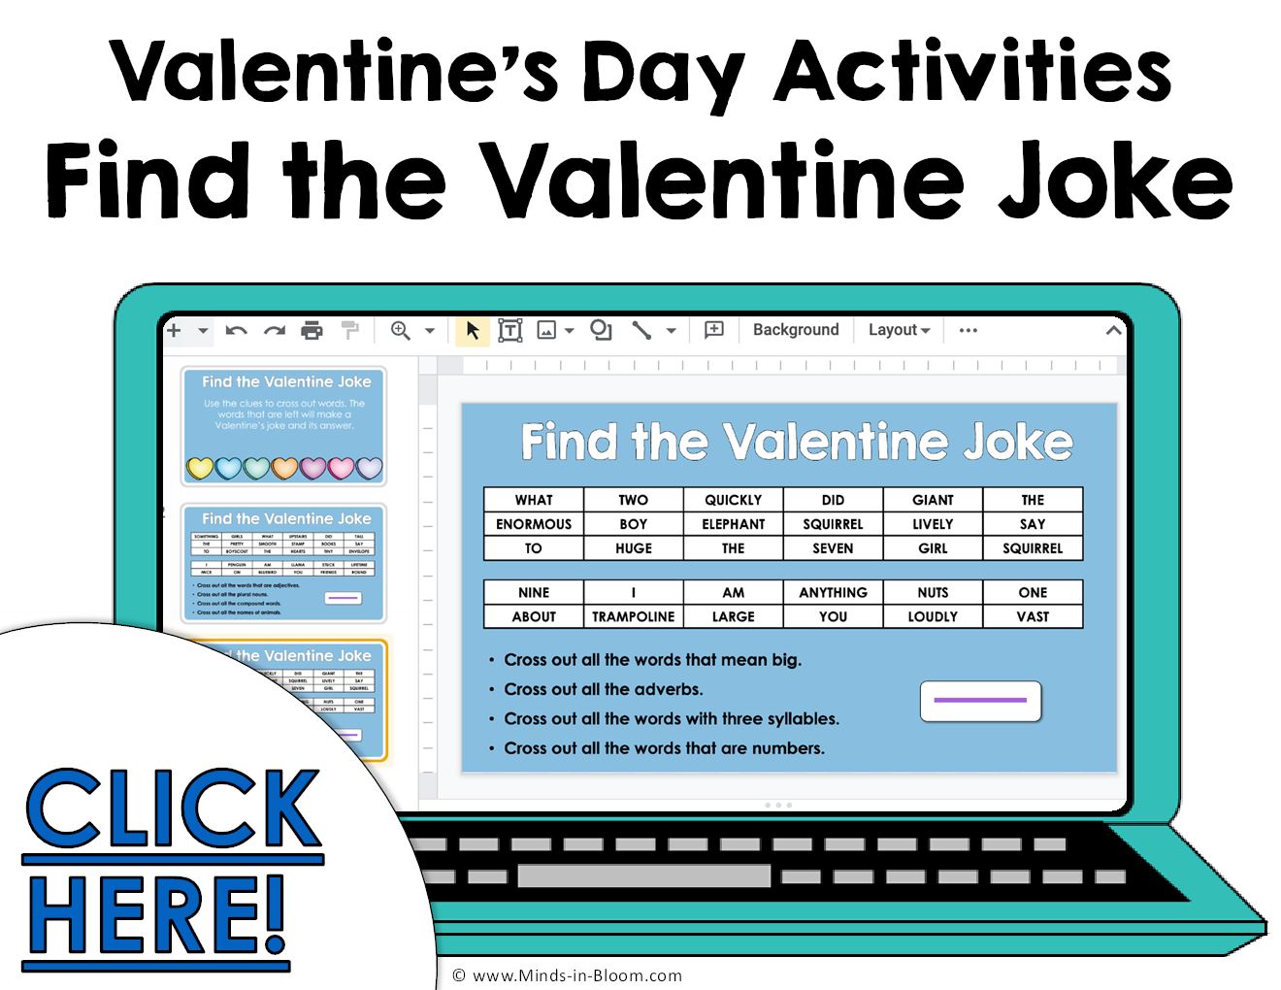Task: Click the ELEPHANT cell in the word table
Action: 733,524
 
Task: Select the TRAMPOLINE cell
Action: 633,616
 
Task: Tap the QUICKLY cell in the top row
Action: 733,500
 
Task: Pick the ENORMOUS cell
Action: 534,524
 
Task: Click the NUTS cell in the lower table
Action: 933,592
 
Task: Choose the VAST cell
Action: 1033,616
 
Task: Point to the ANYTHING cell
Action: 833,592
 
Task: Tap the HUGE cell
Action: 633,548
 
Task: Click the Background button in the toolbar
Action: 796,330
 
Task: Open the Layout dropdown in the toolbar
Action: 899,330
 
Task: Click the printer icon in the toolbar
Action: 312,331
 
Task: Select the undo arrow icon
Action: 236,331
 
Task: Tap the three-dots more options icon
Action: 968,330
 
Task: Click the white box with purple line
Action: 980,701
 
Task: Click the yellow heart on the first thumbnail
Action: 200,469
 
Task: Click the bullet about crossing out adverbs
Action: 603,689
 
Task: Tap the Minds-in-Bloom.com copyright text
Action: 567,975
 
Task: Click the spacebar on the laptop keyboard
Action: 644,876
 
